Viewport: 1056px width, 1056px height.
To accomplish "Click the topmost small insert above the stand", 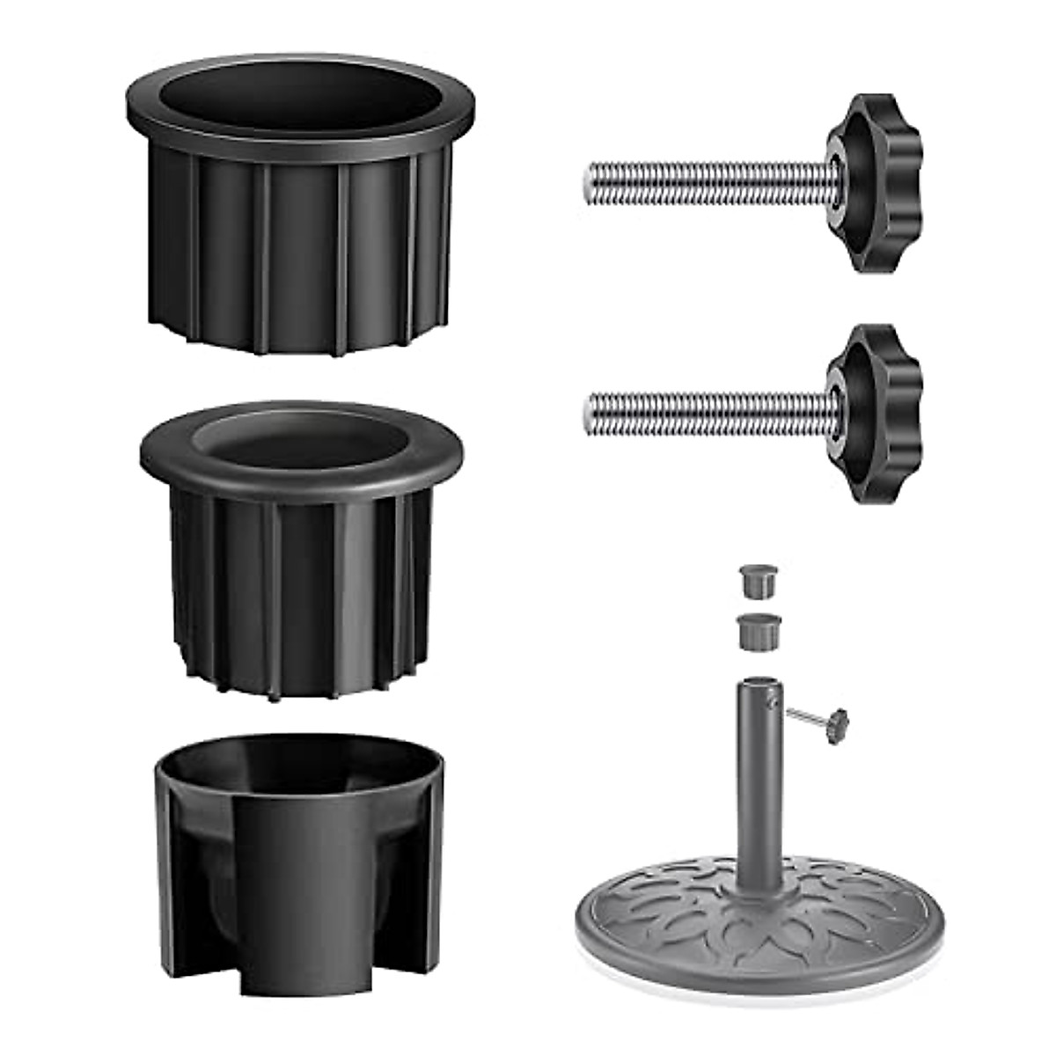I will (x=755, y=582).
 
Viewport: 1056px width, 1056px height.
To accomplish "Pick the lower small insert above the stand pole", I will (x=755, y=632).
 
